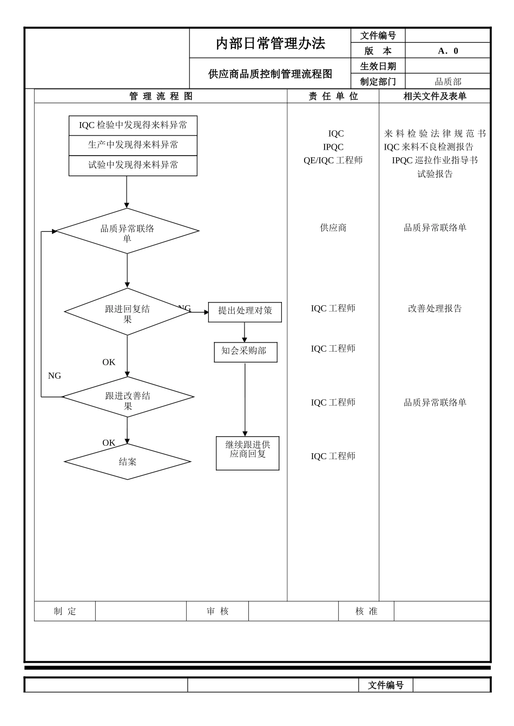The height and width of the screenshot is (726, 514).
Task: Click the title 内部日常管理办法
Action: (x=270, y=44)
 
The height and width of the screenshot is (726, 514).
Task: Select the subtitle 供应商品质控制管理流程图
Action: (x=270, y=74)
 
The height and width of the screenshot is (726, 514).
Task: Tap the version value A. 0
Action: (x=447, y=51)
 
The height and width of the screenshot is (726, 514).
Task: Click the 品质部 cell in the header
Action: (x=447, y=82)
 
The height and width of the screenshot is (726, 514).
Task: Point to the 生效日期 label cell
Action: (x=378, y=66)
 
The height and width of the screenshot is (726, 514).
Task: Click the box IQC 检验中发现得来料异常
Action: (x=133, y=125)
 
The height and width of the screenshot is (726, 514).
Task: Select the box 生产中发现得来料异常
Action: (x=133, y=145)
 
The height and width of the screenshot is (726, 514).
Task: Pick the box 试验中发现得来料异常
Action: (x=133, y=165)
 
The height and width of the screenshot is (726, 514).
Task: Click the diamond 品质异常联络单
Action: (x=127, y=231)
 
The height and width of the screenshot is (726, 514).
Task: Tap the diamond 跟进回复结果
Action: (x=127, y=312)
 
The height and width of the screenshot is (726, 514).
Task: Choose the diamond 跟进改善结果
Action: (x=128, y=398)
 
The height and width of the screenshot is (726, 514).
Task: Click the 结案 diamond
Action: (x=128, y=462)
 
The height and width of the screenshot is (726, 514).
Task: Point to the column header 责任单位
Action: (x=333, y=96)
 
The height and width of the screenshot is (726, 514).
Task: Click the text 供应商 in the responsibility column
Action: (x=333, y=228)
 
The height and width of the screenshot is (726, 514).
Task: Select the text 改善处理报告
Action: (x=434, y=308)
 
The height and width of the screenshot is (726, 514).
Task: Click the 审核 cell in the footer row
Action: (x=218, y=611)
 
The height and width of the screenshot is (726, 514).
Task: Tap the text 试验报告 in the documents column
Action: (x=434, y=174)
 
